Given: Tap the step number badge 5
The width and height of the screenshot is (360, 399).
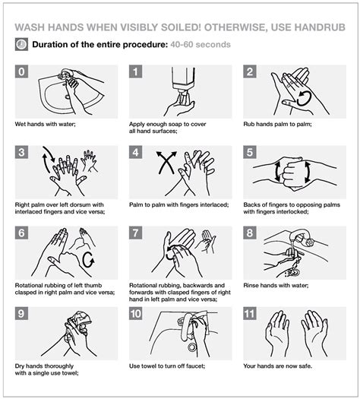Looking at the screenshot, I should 251,152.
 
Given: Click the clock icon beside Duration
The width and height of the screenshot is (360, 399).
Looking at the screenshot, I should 21,44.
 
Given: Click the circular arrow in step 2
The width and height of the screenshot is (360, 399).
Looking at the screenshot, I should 305,97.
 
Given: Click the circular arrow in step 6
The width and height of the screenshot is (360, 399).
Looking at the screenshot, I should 87,259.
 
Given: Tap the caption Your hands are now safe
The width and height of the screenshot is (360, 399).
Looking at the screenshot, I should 279,366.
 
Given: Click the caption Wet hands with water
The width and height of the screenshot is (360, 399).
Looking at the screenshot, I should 43,123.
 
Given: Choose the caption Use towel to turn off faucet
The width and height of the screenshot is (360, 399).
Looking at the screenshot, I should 171,366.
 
